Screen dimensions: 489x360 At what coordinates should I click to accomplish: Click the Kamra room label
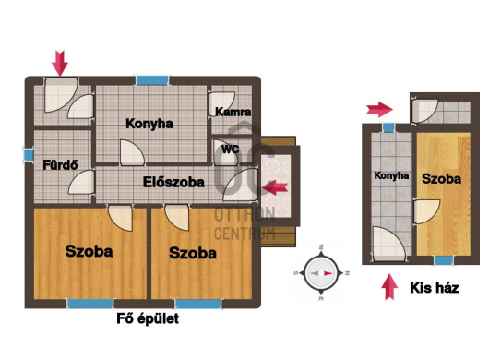[233, 112]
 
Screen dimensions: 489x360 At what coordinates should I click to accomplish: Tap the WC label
[230, 150]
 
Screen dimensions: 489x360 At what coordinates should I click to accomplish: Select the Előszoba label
[173, 182]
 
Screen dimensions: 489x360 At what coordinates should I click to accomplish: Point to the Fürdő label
[60, 164]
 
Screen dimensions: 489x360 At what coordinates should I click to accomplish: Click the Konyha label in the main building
[149, 124]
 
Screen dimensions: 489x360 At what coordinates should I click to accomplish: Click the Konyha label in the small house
[391, 175]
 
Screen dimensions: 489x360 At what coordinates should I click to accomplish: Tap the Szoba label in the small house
[441, 179]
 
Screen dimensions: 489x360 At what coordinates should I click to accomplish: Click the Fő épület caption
[148, 318]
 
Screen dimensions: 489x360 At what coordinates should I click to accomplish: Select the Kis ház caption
[435, 288]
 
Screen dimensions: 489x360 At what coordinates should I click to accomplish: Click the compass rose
[321, 273]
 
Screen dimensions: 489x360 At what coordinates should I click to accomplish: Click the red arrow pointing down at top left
[60, 64]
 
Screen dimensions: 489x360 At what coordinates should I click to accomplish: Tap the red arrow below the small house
[389, 287]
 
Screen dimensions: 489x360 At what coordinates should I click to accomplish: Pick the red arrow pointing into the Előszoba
[275, 187]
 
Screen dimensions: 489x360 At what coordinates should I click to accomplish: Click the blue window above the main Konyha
[152, 80]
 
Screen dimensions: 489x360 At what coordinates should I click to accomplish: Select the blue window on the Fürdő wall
[29, 155]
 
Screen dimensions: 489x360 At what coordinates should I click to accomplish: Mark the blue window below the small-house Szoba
[445, 260]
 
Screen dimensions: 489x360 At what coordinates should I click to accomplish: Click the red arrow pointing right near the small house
[379, 109]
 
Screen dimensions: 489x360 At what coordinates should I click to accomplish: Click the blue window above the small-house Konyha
[388, 127]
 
